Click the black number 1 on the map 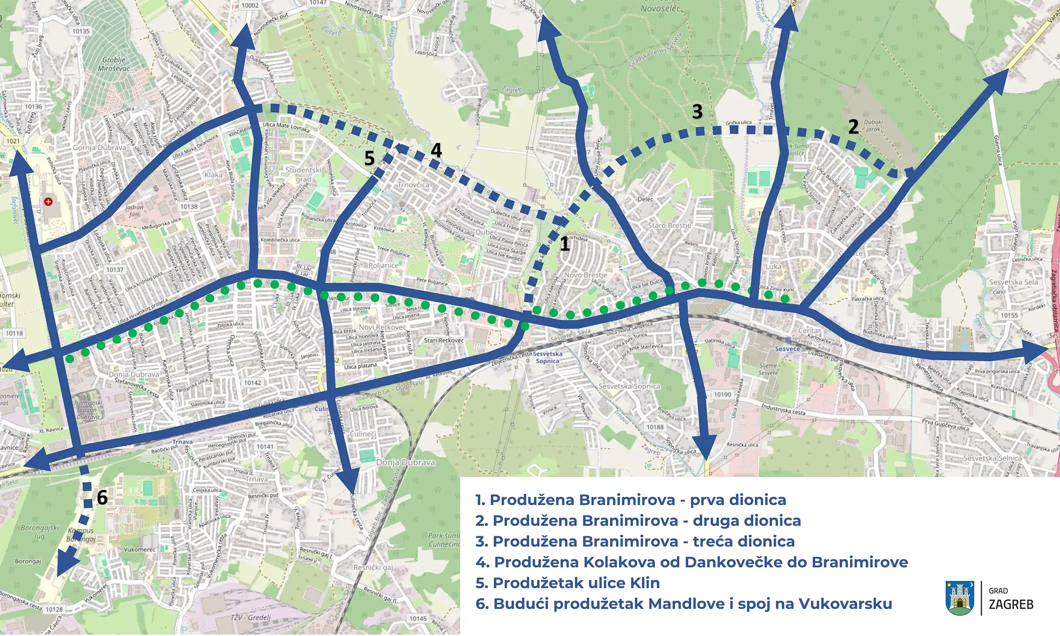coord(564,244)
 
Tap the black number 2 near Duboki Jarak coord(853,127)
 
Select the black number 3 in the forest coord(697,112)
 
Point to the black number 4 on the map coord(436,151)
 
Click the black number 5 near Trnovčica coord(369,159)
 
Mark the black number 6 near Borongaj coord(102,498)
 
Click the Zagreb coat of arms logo coord(959,598)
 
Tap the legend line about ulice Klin coord(567,583)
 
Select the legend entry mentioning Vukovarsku coord(683,604)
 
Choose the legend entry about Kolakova coord(691,562)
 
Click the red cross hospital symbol coord(48,202)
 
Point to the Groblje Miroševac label coord(114,64)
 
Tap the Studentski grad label coord(303,174)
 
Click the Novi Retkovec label coord(382,327)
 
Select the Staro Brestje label coord(669,225)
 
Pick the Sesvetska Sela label coord(1013,282)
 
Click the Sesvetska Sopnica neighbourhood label coord(629,386)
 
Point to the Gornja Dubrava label coord(99,148)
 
